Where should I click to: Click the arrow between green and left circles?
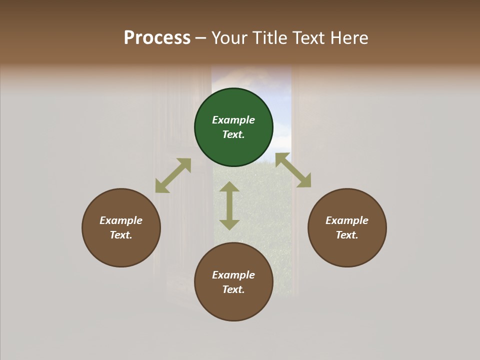pos(173,175)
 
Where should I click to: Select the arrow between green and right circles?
pos(293,170)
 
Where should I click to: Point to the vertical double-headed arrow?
pos(229,205)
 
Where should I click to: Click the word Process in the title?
pos(157,37)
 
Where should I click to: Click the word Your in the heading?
pos(229,37)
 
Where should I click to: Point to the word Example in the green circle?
pos(233,120)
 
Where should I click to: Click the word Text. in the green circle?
pos(233,134)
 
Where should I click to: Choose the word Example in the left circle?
pos(121,220)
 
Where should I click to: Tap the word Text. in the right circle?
pos(347,235)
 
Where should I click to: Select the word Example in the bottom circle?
pos(233,275)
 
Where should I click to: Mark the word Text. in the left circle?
pos(121,235)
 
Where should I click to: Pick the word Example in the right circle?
pos(347,220)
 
